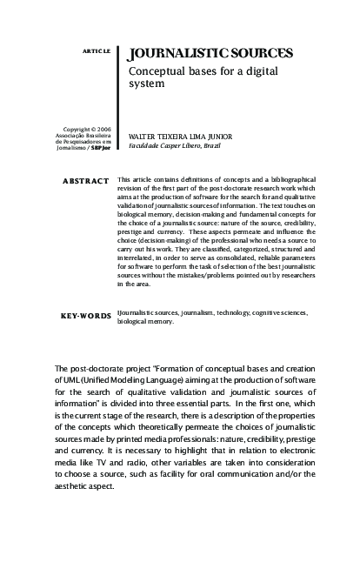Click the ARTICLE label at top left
[x=97, y=51]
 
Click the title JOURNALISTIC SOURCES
[x=210, y=54]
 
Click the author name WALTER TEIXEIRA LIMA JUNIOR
[x=180, y=137]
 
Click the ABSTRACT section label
[x=86, y=181]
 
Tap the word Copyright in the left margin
[x=76, y=129]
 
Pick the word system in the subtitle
[x=146, y=85]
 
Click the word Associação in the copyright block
[x=73, y=135]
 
